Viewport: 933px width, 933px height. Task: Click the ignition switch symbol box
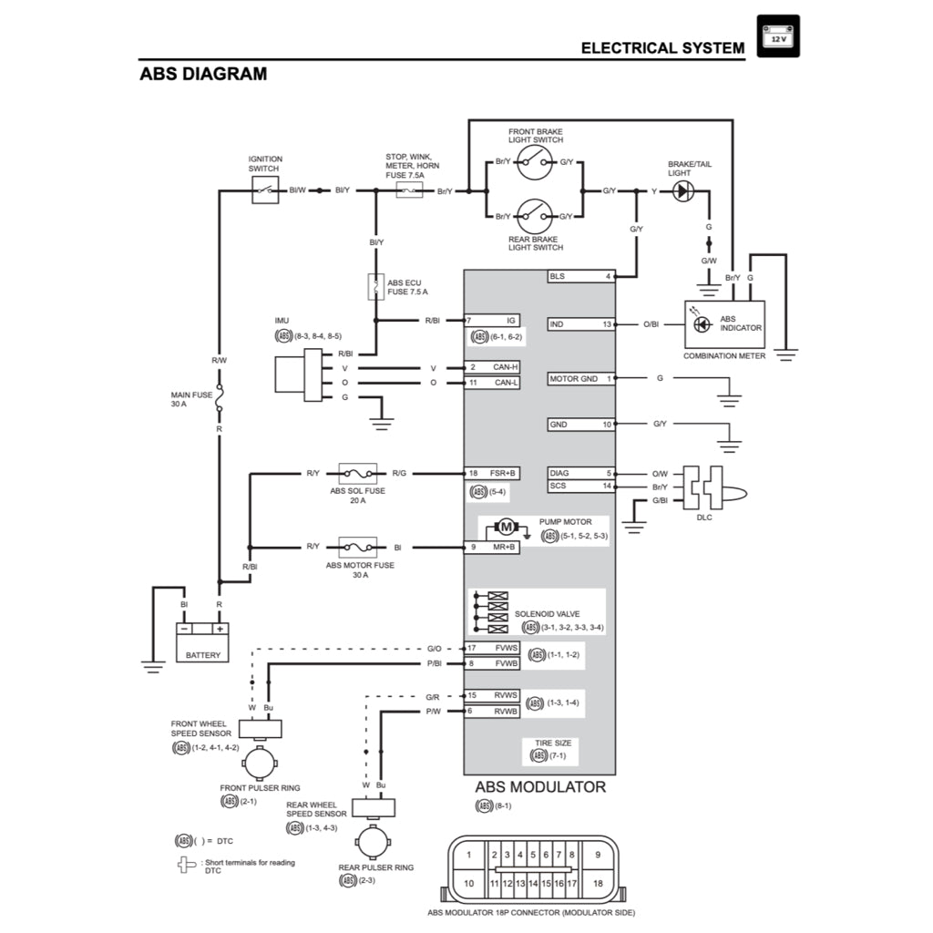[264, 190]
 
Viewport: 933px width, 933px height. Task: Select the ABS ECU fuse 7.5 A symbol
[373, 287]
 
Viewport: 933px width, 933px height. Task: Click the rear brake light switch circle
[535, 216]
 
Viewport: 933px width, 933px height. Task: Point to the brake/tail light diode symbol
[682, 191]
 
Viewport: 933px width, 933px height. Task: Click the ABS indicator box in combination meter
[724, 324]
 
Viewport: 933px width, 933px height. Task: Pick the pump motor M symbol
[504, 527]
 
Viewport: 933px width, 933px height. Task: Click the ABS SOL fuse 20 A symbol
[358, 473]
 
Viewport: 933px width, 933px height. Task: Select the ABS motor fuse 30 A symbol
[358, 547]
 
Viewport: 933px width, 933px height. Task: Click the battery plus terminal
[219, 628]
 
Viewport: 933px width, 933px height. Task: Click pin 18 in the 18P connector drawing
[597, 882]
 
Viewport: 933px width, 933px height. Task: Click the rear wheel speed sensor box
[374, 807]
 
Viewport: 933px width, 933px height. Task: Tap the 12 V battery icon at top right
[777, 37]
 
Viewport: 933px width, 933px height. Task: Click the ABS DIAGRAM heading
[203, 74]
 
